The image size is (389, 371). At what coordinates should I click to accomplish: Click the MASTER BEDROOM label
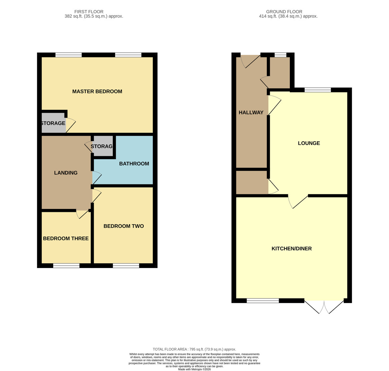click(x=97, y=91)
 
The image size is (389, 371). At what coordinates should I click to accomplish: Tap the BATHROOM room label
click(x=134, y=164)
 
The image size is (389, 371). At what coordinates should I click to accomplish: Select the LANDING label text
click(x=66, y=173)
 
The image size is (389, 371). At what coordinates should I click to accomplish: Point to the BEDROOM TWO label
click(x=124, y=226)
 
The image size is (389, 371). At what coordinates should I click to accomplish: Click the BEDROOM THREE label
click(x=66, y=238)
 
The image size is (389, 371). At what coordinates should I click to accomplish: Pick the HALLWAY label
click(x=251, y=112)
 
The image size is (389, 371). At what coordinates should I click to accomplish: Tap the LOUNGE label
click(x=309, y=143)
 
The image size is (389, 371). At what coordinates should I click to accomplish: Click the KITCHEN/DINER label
click(x=291, y=249)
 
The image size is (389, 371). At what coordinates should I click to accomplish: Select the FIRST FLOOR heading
click(x=89, y=12)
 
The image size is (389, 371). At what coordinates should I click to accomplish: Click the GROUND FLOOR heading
click(x=284, y=12)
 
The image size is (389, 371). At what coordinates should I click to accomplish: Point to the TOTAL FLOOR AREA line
click(x=194, y=349)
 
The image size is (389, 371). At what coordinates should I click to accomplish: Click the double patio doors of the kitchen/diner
click(x=324, y=307)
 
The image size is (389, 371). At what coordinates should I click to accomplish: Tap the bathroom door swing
click(x=97, y=178)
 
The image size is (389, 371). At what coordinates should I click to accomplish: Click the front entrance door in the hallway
click(x=250, y=61)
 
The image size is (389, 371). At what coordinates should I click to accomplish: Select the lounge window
click(x=318, y=90)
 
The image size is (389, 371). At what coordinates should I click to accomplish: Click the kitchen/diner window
click(x=263, y=301)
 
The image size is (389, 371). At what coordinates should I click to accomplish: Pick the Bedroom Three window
click(x=66, y=266)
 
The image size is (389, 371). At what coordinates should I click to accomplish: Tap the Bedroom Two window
click(x=126, y=266)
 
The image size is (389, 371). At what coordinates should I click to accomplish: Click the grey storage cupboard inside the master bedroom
click(x=53, y=123)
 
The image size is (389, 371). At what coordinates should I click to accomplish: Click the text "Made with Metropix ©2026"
click(x=194, y=369)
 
